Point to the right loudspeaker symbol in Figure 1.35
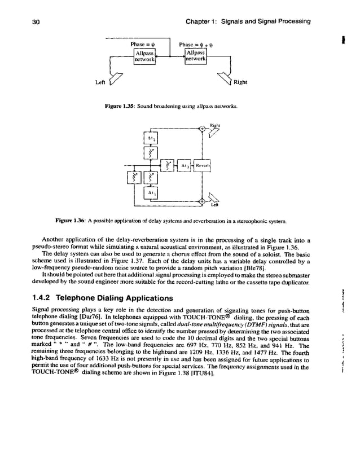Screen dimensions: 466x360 pyautogui.click(x=227, y=82)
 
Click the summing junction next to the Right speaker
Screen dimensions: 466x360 pyautogui.click(x=201, y=128)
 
